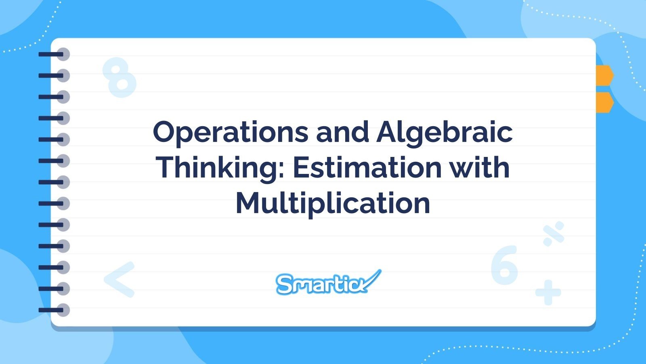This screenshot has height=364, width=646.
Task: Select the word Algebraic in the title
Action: click(x=445, y=132)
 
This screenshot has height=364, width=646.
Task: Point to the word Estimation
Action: click(x=367, y=167)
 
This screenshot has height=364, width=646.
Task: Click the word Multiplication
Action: click(x=333, y=203)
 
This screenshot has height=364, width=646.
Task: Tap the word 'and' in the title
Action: click(x=342, y=132)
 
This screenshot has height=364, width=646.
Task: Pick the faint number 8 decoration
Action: click(x=119, y=77)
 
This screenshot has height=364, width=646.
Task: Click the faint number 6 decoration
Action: click(x=504, y=265)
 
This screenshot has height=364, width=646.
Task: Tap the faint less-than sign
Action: click(x=120, y=279)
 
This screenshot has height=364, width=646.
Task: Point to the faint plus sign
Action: click(x=548, y=292)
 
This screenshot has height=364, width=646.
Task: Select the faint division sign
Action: click(x=554, y=234)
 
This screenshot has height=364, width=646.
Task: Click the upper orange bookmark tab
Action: click(x=604, y=75)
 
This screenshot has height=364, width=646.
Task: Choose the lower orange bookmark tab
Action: click(x=604, y=102)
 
